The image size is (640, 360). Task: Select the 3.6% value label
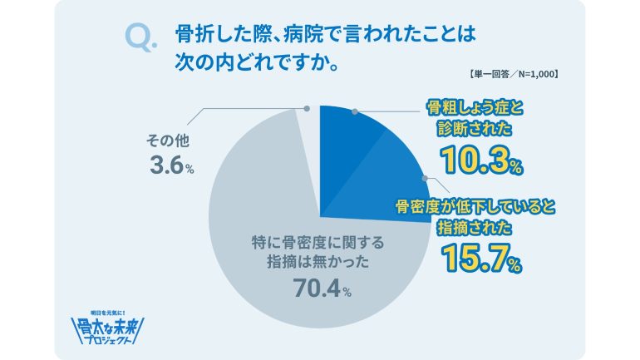tap(171, 166)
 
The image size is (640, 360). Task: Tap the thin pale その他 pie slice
tap(309, 141)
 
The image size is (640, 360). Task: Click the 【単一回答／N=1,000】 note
tap(513, 76)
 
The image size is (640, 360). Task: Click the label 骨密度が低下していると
tap(467, 205)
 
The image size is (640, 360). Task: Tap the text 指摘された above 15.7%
tap(468, 227)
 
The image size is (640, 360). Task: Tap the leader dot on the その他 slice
tap(308, 108)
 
